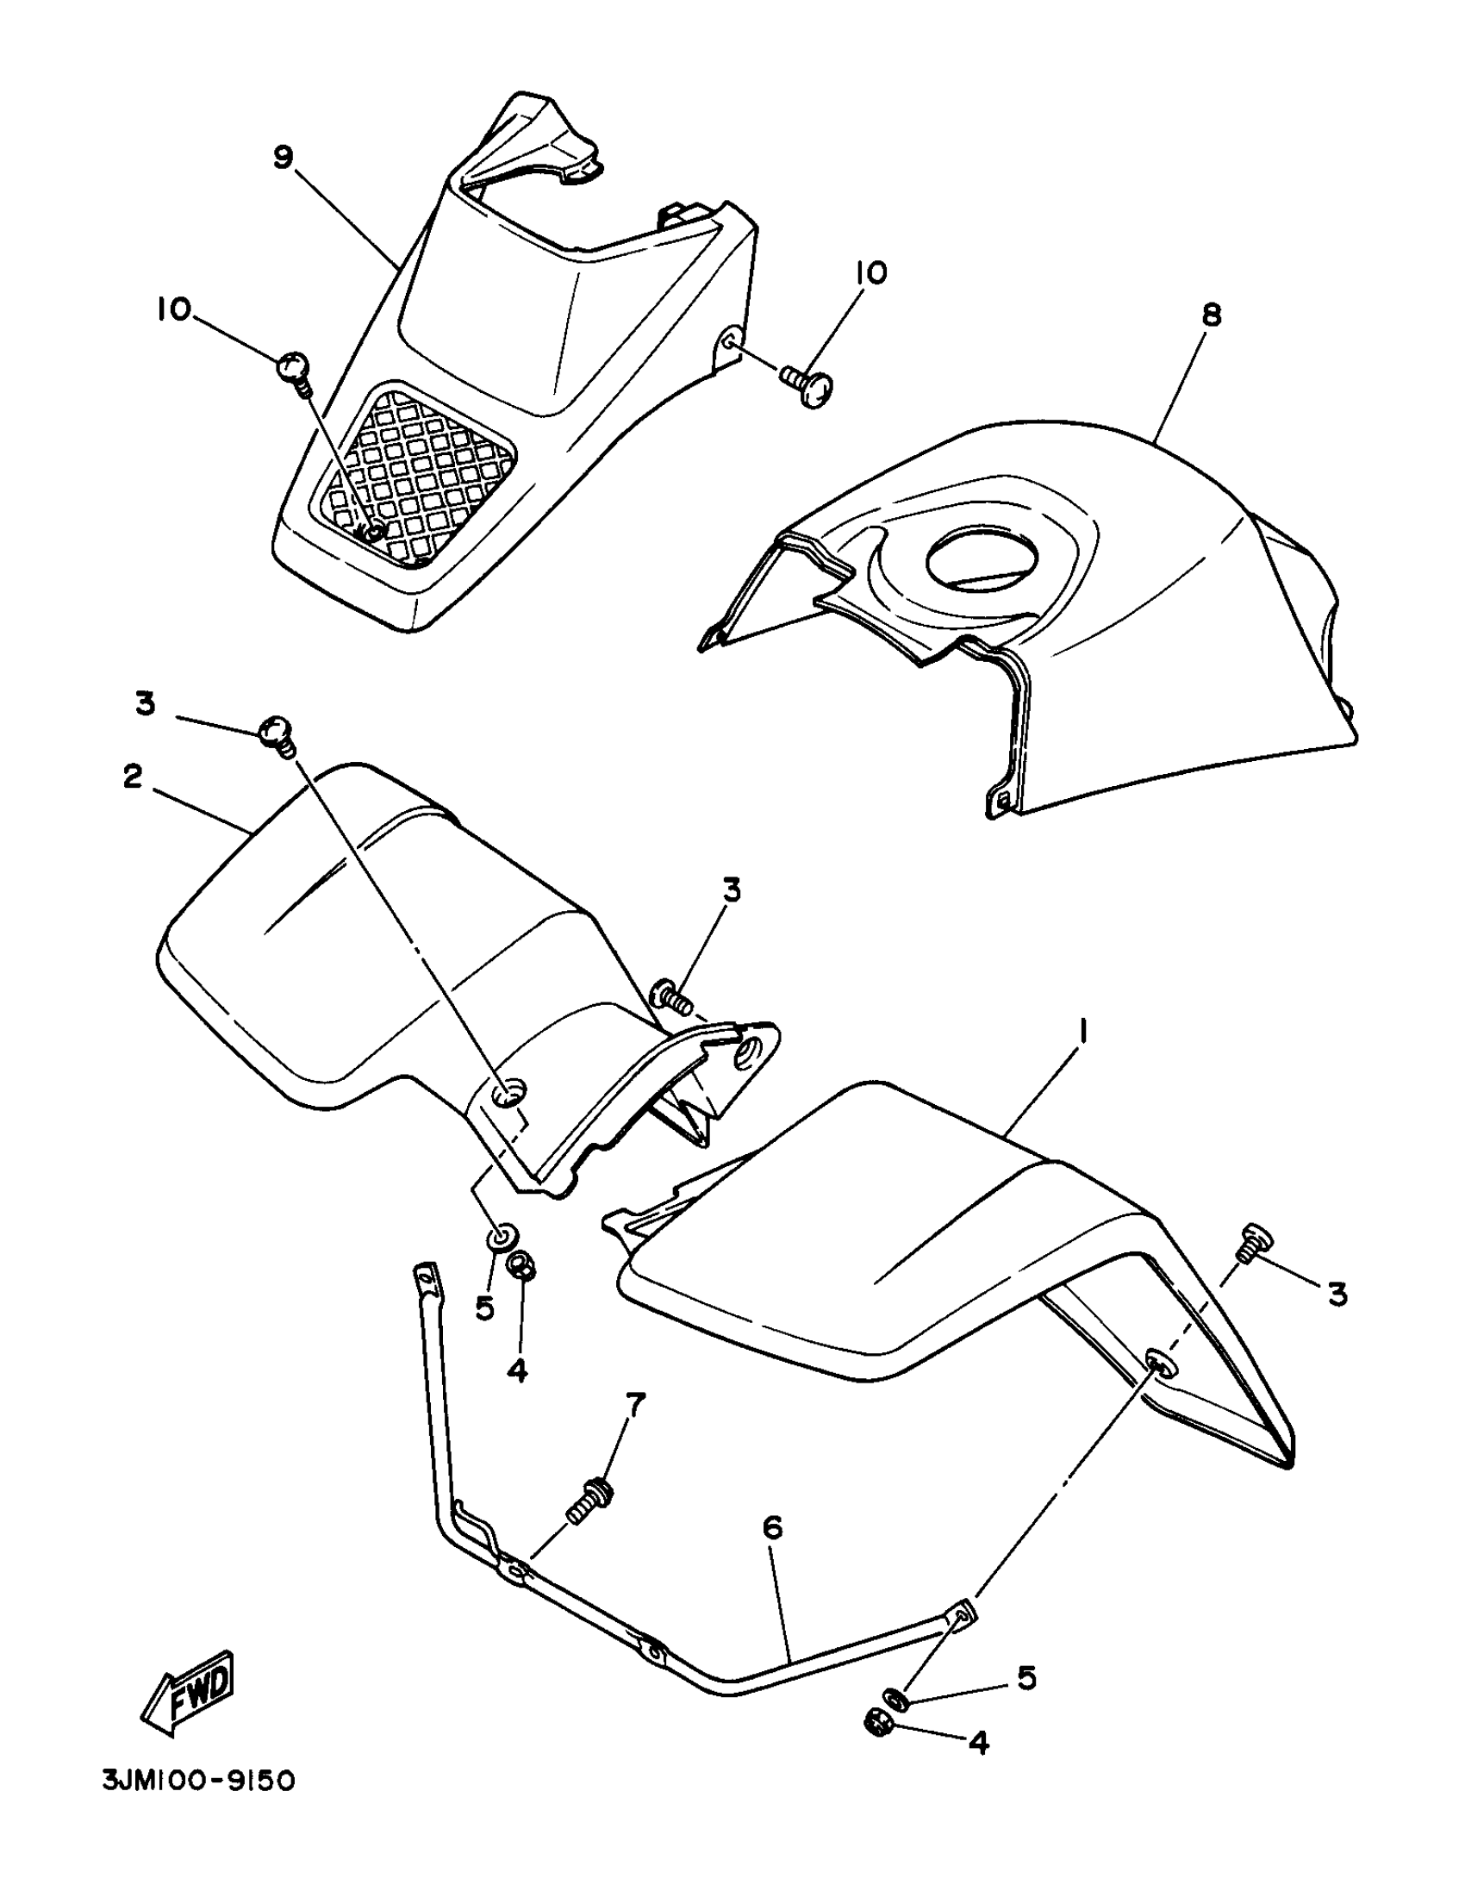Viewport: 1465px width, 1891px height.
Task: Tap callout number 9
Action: pos(284,158)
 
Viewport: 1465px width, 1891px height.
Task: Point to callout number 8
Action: pos(1212,315)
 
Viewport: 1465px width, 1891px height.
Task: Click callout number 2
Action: pos(133,777)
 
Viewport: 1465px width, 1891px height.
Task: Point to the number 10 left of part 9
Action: pos(174,310)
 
